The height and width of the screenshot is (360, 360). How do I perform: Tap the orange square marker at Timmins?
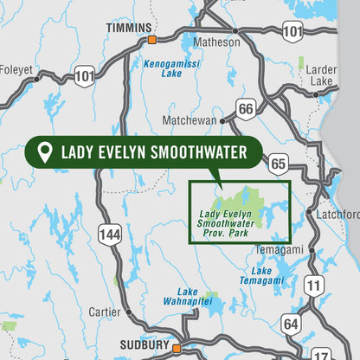click(151, 40)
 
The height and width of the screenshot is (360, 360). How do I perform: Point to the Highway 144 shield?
click(110, 233)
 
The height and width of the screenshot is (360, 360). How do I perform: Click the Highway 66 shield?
click(246, 108)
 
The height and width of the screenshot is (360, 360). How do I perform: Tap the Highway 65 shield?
click(277, 162)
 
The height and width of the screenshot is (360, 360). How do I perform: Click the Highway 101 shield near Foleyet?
click(84, 76)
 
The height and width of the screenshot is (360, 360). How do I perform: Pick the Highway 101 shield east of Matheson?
click(293, 33)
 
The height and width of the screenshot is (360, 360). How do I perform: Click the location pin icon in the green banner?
click(43, 153)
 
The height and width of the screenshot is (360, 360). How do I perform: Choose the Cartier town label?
click(106, 312)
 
